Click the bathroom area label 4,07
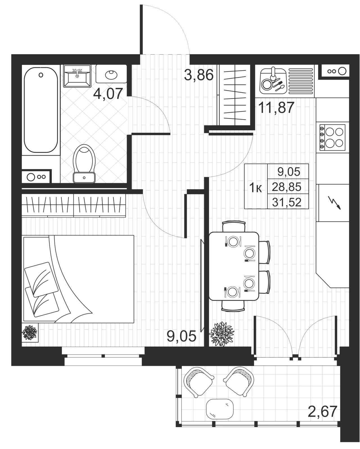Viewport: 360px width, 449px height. (x=108, y=94)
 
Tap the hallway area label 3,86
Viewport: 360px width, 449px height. (x=199, y=75)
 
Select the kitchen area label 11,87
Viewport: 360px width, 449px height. (x=276, y=108)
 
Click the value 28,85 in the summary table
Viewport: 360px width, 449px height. (x=287, y=187)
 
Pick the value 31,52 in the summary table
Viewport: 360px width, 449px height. (x=287, y=202)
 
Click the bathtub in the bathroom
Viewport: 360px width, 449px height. (x=41, y=110)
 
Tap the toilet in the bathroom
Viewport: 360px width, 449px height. (x=84, y=164)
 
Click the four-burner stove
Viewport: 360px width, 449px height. (x=332, y=137)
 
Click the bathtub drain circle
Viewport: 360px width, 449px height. (x=41, y=75)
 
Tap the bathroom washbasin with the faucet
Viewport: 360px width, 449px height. (x=77, y=76)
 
